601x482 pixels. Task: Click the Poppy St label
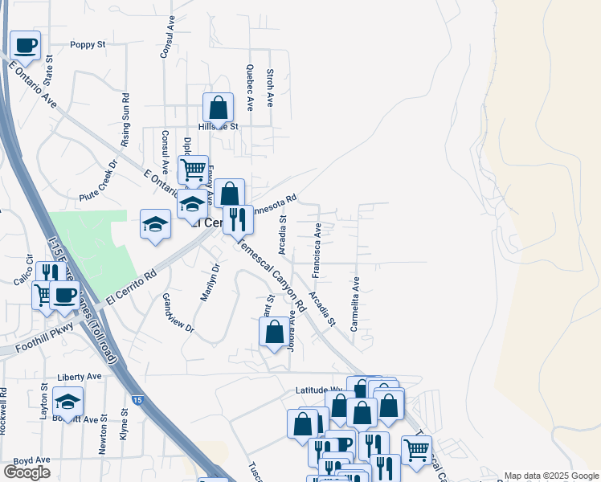click(x=88, y=45)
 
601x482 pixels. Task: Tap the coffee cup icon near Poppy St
click(x=25, y=45)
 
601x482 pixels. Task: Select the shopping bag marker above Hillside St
click(x=218, y=108)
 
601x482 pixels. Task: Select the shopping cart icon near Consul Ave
click(x=193, y=170)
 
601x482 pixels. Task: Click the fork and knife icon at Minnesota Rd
click(x=238, y=219)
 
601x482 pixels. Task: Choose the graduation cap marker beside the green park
click(x=155, y=224)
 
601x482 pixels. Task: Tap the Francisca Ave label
click(x=317, y=251)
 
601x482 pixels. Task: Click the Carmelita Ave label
click(x=354, y=304)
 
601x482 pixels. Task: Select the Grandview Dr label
click(x=178, y=312)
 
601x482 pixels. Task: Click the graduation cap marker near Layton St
click(x=68, y=402)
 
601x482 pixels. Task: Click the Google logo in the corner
click(x=27, y=472)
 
